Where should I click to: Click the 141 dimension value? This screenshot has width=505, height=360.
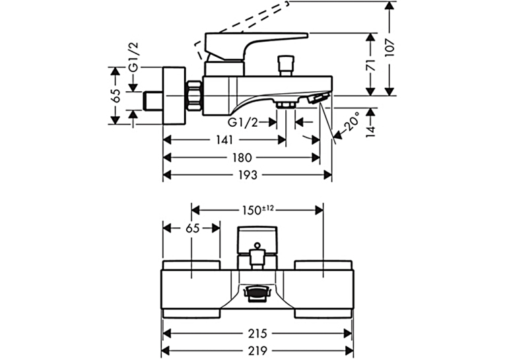click(224, 140)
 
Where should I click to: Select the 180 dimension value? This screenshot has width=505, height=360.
click(242, 158)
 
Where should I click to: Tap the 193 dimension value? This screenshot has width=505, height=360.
click(248, 175)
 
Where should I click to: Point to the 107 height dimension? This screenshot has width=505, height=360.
click(389, 48)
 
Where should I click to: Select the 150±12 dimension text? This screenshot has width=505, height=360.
click(257, 210)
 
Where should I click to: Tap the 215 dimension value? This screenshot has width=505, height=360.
click(257, 334)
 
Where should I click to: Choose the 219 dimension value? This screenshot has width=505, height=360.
click(257, 350)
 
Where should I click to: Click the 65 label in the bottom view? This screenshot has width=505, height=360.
click(193, 228)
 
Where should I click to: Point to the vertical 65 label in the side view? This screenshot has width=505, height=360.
click(116, 96)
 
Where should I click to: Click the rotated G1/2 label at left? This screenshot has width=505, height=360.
click(133, 57)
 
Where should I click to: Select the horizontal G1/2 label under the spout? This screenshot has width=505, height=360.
click(243, 122)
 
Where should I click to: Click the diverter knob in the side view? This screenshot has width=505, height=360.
click(286, 66)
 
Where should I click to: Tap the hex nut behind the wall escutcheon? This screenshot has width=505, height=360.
click(194, 96)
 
